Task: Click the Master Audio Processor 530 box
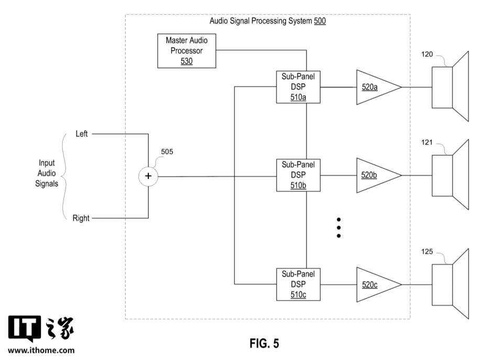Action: pos(187,51)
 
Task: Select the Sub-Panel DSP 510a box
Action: pos(298,87)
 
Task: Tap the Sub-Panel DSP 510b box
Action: pos(298,175)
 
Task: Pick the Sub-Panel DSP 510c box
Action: pos(298,285)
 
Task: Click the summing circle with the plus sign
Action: pos(148,176)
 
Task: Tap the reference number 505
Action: pos(167,152)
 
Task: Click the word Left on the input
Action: pos(82,134)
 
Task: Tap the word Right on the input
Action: pos(81,218)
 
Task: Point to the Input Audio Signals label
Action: pos(47,173)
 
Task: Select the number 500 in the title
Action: pos(320,21)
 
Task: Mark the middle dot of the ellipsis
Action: pos(338,227)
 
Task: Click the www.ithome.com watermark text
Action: pos(41,350)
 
